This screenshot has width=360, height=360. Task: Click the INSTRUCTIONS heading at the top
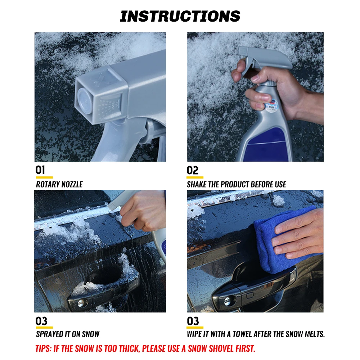(x=180, y=16)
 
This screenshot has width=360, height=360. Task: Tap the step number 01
(x=40, y=170)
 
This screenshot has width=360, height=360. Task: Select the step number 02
(x=192, y=170)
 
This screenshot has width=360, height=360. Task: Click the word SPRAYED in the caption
(x=47, y=334)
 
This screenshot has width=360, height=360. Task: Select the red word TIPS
(x=44, y=348)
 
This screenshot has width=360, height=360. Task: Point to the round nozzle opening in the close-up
(x=84, y=101)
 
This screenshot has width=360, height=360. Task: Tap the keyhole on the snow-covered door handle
(x=81, y=303)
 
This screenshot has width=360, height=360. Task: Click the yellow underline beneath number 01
(x=44, y=177)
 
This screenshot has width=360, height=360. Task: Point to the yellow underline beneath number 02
(x=195, y=177)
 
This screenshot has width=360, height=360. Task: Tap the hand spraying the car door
(x=144, y=210)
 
